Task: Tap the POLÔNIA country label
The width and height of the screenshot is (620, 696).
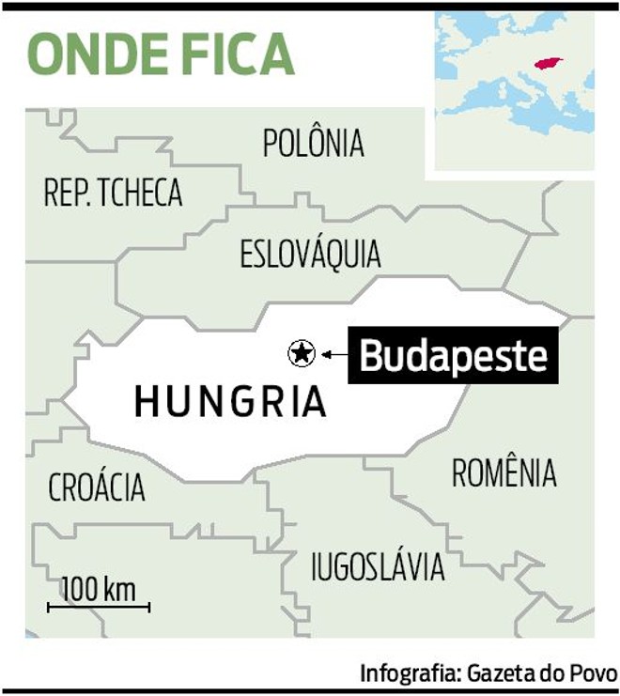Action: click(313, 144)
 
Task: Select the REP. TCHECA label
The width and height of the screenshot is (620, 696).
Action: click(113, 193)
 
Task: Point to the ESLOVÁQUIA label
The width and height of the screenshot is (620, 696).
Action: click(310, 255)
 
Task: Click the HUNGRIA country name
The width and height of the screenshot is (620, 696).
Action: click(230, 402)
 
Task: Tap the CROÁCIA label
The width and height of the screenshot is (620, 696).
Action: click(97, 487)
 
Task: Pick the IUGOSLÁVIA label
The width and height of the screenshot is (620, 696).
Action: click(378, 566)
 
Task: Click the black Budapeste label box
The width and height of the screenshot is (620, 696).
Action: click(454, 356)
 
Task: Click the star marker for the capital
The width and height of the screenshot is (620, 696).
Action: click(301, 353)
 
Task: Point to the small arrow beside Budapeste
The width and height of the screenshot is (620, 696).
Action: click(329, 354)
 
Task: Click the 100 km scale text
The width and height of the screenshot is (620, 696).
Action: click(99, 591)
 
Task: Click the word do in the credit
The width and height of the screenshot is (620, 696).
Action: click(553, 673)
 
